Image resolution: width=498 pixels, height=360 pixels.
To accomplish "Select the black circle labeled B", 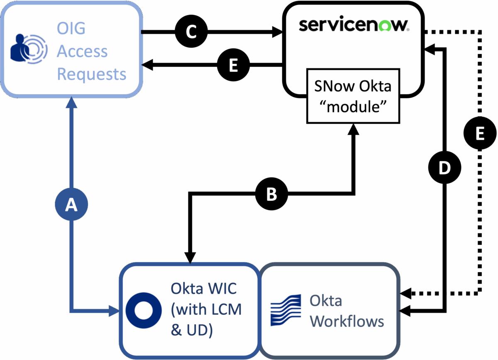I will click(x=271, y=194).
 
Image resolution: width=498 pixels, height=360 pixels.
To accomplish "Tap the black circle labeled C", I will click(x=191, y=32).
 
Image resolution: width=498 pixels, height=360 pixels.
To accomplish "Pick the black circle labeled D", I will click(x=444, y=168).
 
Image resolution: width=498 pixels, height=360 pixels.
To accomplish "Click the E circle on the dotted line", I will click(x=480, y=134).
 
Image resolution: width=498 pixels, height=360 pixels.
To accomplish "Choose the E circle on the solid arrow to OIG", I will click(x=233, y=65).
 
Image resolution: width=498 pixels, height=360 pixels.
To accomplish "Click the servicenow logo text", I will click(x=354, y=25).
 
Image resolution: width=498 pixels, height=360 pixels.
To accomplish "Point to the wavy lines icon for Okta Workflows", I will click(x=286, y=311).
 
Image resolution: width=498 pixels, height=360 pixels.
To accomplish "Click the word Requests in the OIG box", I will click(x=91, y=74).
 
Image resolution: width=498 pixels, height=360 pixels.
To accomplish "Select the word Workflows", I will click(x=347, y=321).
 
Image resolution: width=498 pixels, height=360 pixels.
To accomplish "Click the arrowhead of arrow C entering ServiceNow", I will click(x=277, y=32).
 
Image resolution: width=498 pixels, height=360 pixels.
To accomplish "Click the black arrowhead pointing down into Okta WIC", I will click(x=190, y=258).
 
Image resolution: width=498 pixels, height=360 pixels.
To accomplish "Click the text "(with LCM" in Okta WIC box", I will click(x=206, y=309).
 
